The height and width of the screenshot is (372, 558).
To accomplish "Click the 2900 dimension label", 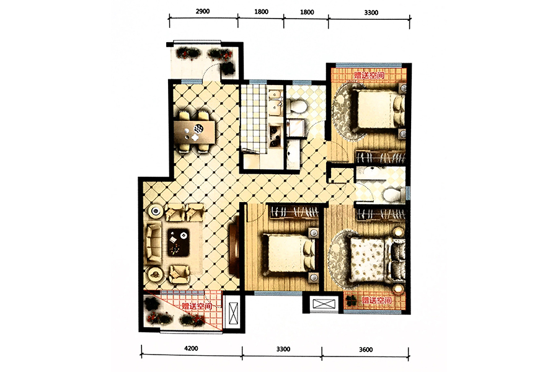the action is click(203, 11).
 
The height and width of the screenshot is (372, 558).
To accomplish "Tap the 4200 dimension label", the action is click(191, 348).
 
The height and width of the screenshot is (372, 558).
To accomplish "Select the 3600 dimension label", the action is click(366, 350).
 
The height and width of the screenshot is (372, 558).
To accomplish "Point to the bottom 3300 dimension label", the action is click(283, 349).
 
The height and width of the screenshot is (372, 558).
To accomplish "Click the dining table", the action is click(194, 132).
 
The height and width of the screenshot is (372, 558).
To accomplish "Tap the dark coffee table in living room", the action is click(179, 242).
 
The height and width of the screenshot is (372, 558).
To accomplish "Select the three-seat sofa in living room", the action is click(153, 241).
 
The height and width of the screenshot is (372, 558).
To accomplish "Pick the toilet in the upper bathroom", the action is click(297, 106).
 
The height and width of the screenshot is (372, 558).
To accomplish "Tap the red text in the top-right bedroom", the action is click(369, 76).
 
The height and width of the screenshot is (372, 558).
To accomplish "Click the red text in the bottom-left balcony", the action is click(197, 306).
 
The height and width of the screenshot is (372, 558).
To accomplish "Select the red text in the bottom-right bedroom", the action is click(377, 301).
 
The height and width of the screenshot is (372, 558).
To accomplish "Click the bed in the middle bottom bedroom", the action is click(289, 254).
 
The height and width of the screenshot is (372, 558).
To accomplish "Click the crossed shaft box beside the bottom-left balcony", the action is click(234, 313).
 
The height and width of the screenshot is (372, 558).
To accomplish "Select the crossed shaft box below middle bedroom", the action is click(324, 304).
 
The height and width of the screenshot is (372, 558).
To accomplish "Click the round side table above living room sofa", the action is click(156, 211).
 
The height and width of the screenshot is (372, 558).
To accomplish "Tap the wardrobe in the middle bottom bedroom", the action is click(294, 212).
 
